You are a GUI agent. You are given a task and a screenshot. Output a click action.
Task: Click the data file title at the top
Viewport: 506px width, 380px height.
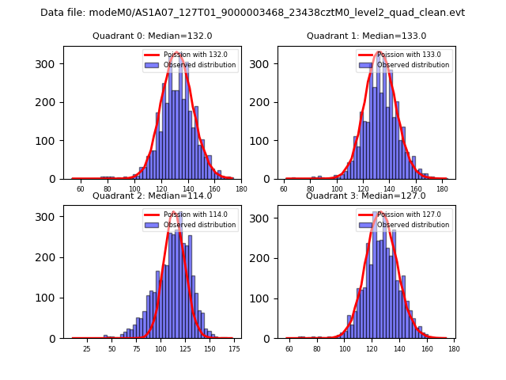pyautogui.click(x=252, y=13)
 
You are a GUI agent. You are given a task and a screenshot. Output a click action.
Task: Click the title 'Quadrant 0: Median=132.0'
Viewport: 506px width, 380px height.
pyautogui.click(x=152, y=36)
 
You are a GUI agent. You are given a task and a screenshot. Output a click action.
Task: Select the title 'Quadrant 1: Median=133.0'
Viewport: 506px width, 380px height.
pyautogui.click(x=366, y=36)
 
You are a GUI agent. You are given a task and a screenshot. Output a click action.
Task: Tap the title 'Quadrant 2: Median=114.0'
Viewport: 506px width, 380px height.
pyautogui.click(x=152, y=196)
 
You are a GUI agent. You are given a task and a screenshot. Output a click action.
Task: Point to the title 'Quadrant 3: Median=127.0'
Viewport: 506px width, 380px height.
pyautogui.click(x=366, y=196)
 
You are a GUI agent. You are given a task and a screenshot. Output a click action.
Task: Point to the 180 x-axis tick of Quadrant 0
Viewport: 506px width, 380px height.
pyautogui.click(x=241, y=190)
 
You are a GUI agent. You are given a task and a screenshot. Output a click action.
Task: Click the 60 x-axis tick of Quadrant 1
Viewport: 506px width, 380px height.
pyautogui.click(x=285, y=190)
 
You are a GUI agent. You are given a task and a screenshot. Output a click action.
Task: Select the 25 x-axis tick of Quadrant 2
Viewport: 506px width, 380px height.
pyautogui.click(x=87, y=349)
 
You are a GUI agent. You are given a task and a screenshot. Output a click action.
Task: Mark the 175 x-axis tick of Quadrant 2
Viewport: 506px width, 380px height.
pyautogui.click(x=233, y=349)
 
